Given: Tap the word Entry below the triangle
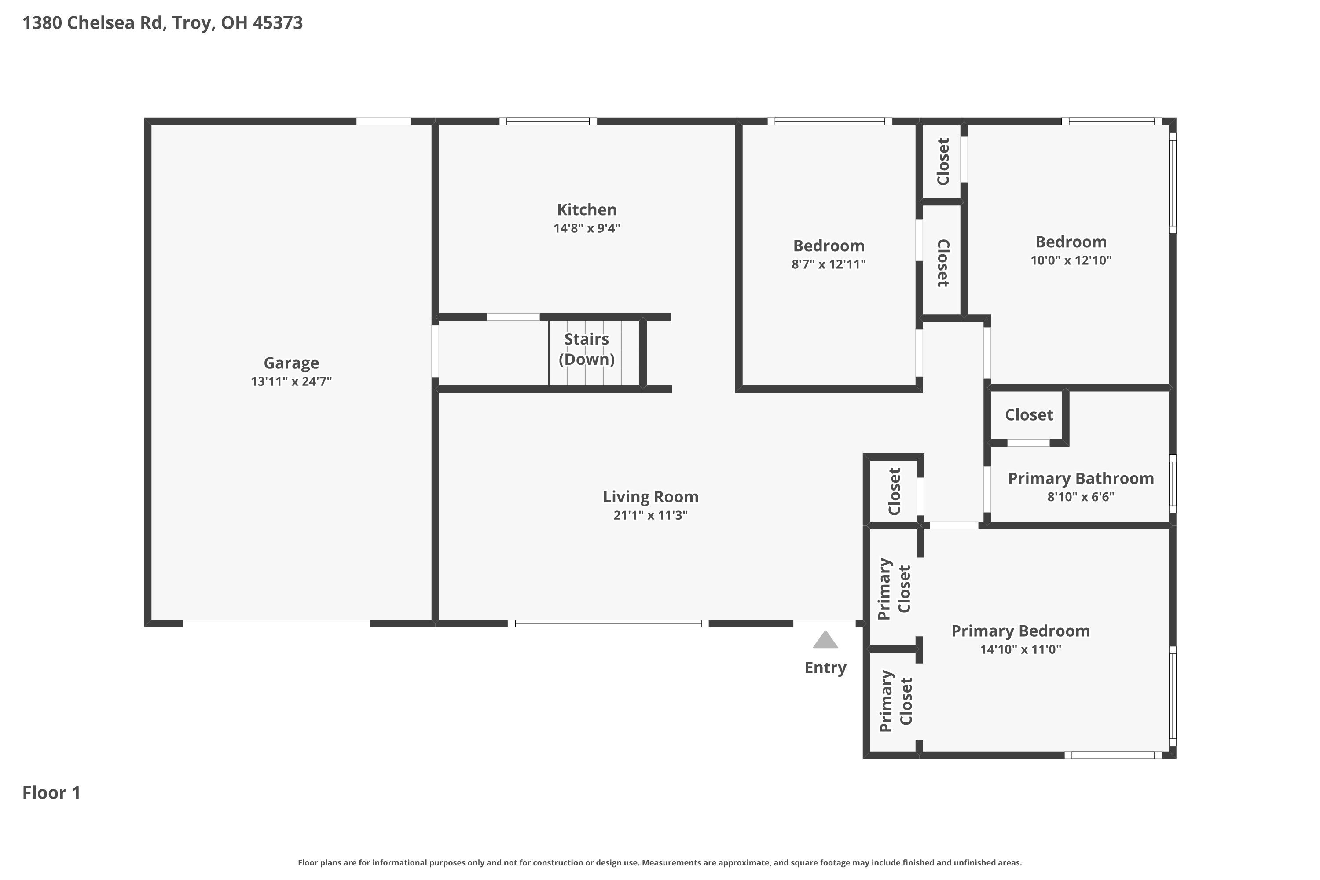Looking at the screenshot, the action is tap(825, 668).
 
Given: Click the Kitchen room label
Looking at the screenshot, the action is tap(587, 210).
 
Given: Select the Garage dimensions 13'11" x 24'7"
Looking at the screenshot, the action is tap(291, 381).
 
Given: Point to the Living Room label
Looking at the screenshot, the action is tap(650, 497).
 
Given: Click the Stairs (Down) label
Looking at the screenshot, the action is tap(587, 349).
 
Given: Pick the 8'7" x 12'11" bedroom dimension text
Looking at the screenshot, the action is tap(829, 264).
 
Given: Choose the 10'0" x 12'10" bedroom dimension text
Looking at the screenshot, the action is tap(1071, 260).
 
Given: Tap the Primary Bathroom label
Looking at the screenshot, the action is tap(1081, 479).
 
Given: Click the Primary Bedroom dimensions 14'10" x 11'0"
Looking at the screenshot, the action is tap(1020, 649).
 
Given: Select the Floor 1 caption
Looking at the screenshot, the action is tap(51, 792).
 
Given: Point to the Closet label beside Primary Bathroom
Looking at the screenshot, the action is tap(1029, 415).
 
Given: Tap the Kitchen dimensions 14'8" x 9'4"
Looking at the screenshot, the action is tap(587, 228).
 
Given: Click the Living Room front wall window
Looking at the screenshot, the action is tap(609, 623).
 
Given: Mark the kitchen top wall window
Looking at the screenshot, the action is tap(548, 121).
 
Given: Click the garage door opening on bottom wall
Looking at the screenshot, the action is tap(276, 623).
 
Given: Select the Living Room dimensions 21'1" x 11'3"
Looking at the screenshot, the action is tap(650, 515).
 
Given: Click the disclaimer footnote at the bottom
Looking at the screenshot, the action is tap(660, 862).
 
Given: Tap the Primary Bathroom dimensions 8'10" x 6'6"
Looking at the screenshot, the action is tap(1081, 497).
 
